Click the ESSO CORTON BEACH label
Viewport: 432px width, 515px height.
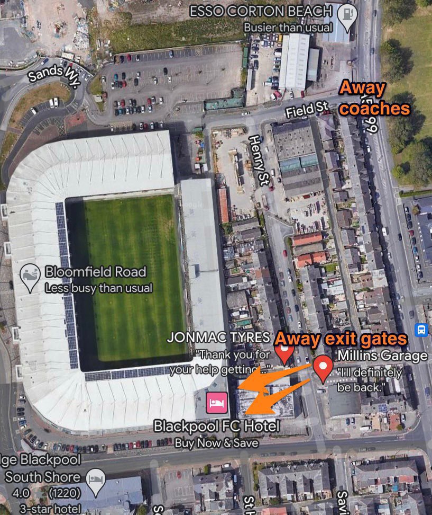261,11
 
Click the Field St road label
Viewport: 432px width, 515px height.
307,110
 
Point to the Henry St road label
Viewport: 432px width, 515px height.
257,160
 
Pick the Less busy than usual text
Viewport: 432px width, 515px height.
98,288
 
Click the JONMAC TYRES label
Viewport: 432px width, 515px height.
219,338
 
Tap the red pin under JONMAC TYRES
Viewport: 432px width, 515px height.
284,352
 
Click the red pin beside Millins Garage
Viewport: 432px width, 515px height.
323,367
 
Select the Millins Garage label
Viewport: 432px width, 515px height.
382,356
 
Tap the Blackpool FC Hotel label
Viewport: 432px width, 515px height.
216,425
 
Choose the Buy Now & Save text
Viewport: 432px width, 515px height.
216,443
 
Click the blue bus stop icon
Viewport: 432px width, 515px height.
421,330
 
